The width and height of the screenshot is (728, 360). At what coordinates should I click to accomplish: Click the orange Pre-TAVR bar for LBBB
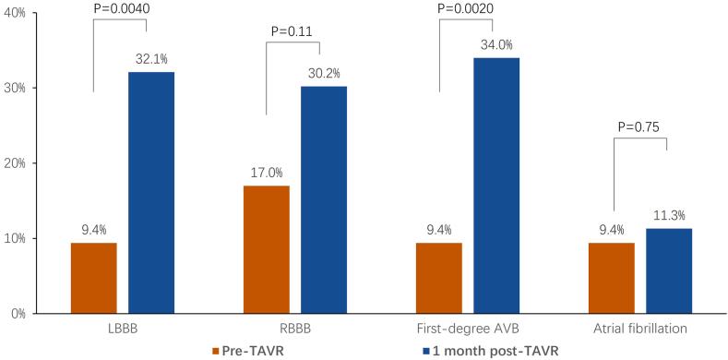point(93,278)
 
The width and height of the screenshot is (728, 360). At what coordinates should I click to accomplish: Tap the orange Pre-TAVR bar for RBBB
point(267,249)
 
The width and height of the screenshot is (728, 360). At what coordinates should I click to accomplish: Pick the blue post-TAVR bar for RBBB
point(324,199)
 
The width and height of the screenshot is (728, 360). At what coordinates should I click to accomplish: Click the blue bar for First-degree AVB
point(496,186)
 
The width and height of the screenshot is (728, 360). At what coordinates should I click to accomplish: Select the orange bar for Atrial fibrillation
point(612,278)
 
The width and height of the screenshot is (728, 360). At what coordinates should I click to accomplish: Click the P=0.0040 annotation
point(120,7)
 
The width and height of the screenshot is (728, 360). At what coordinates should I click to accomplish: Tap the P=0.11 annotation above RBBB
point(292,31)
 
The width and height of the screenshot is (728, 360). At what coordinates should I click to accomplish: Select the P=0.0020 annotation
point(466,7)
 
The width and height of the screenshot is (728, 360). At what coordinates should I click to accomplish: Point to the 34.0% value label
point(496,44)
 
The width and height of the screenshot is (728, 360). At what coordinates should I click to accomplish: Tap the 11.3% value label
point(669,215)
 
